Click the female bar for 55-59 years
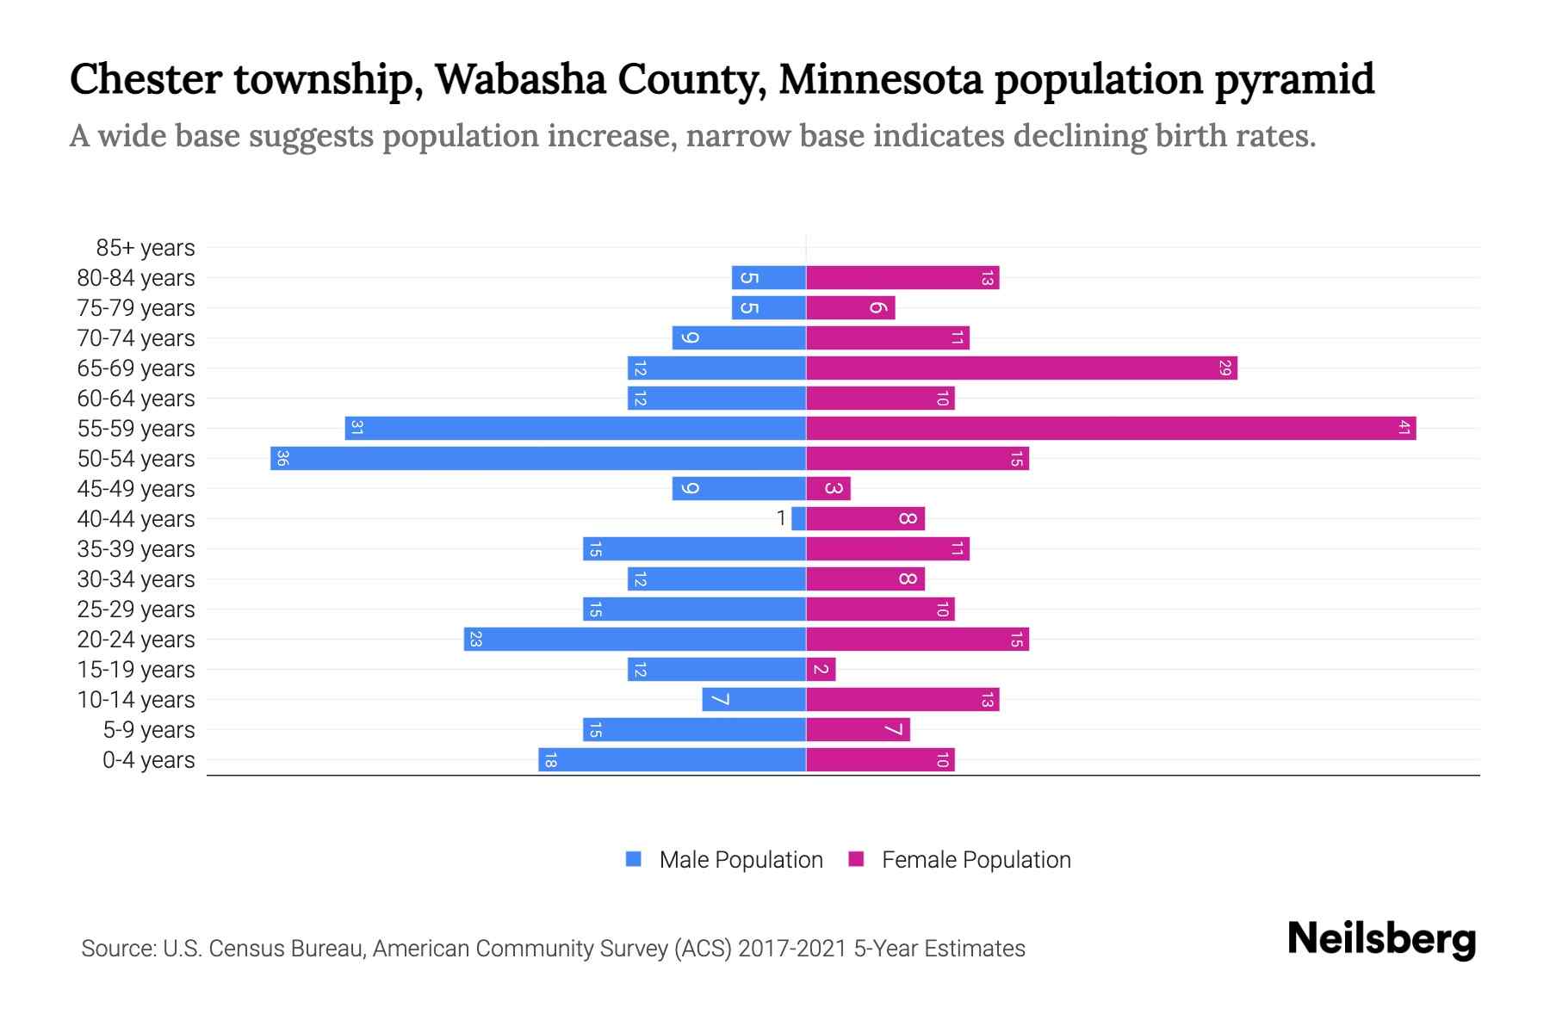tap(1111, 428)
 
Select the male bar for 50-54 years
tap(538, 458)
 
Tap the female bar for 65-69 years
tap(1021, 368)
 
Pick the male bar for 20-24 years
tap(635, 639)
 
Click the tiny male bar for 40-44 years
tap(799, 518)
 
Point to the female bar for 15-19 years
tap(821, 669)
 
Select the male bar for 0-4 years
tap(672, 759)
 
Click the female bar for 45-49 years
tap(828, 488)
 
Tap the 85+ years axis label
tap(146, 248)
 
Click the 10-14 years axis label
tap(136, 700)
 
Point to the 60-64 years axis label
tap(136, 399)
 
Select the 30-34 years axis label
tap(136, 579)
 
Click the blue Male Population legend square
tap(634, 859)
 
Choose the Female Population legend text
tap(976, 860)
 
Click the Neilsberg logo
tap(1381, 939)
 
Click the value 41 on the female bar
tap(1404, 428)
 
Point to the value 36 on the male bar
tap(282, 458)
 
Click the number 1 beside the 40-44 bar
tap(781, 518)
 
